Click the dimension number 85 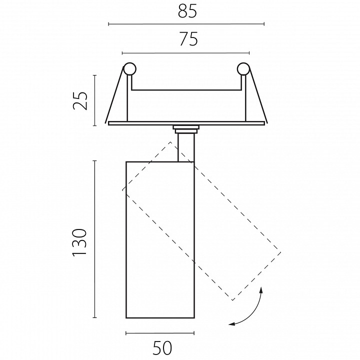187,11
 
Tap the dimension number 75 188,39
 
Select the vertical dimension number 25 80,100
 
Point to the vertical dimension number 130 79,242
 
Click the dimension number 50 162,348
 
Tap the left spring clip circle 129,69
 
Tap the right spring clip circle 243,69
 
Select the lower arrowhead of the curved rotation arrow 231,324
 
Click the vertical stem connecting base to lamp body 186,147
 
